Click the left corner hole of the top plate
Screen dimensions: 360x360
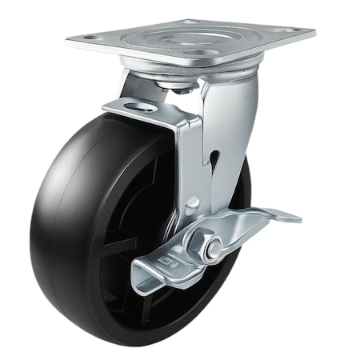point(89,37)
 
